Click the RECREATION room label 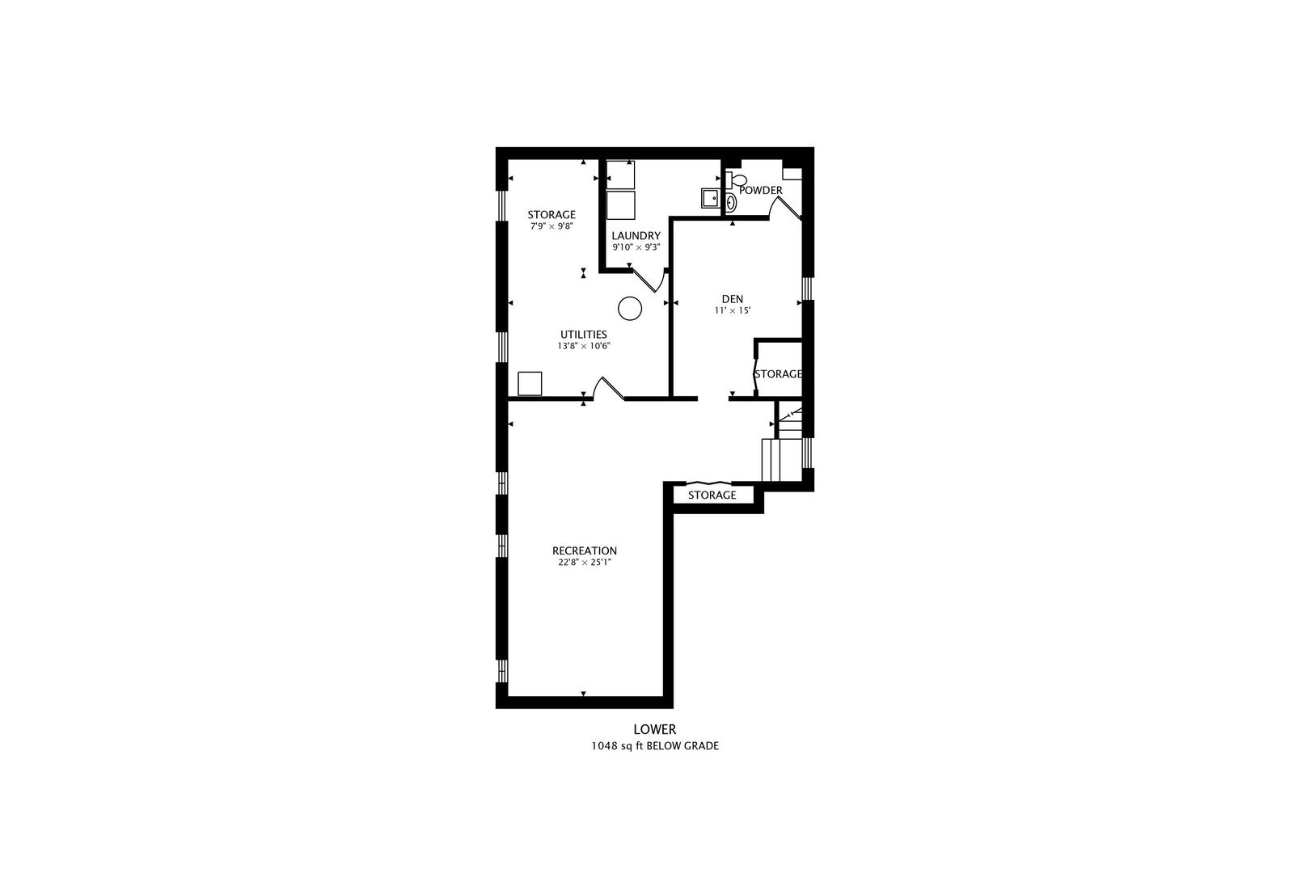pyautogui.click(x=584, y=550)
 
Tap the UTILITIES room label pyautogui.click(x=584, y=335)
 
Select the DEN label pyautogui.click(x=732, y=299)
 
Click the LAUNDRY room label pyautogui.click(x=636, y=236)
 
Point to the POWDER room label pyautogui.click(x=761, y=191)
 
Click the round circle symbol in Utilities pyautogui.click(x=630, y=308)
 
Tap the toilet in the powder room pyautogui.click(x=737, y=179)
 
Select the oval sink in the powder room pyautogui.click(x=731, y=203)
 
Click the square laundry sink pyautogui.click(x=711, y=199)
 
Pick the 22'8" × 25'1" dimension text pyautogui.click(x=584, y=563)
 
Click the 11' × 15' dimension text pyautogui.click(x=732, y=310)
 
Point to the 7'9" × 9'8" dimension pyautogui.click(x=551, y=226)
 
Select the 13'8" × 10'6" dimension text pyautogui.click(x=584, y=346)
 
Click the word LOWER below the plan pyautogui.click(x=655, y=729)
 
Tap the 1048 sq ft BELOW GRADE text pyautogui.click(x=655, y=746)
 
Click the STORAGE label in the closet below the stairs pyautogui.click(x=712, y=496)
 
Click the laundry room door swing pyautogui.click(x=649, y=281)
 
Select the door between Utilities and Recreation pyautogui.click(x=610, y=388)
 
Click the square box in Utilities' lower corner pyautogui.click(x=530, y=384)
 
